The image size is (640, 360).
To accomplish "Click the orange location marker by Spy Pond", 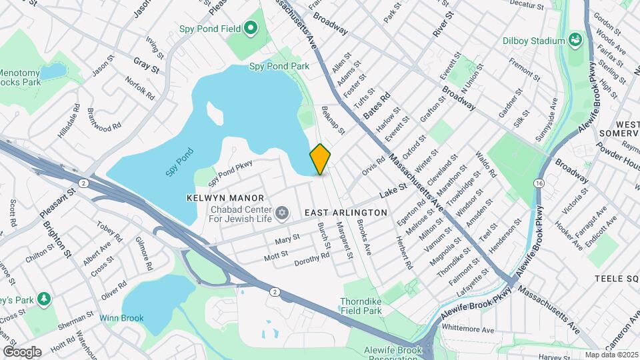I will [x=321, y=159].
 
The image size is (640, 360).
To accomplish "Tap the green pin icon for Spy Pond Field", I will [x=251, y=28].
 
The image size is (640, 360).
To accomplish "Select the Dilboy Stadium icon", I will [x=575, y=41].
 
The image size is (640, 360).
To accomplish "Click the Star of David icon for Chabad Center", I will [x=282, y=213].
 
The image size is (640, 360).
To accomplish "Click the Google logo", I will [x=23, y=351].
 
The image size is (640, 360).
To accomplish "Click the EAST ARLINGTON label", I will [x=345, y=212].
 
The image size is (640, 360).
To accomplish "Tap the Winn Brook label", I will [x=122, y=318].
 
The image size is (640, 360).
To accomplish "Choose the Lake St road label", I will [x=393, y=193].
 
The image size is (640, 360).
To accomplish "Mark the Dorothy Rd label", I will [x=312, y=259].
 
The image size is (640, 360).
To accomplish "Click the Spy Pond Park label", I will [x=279, y=66].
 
